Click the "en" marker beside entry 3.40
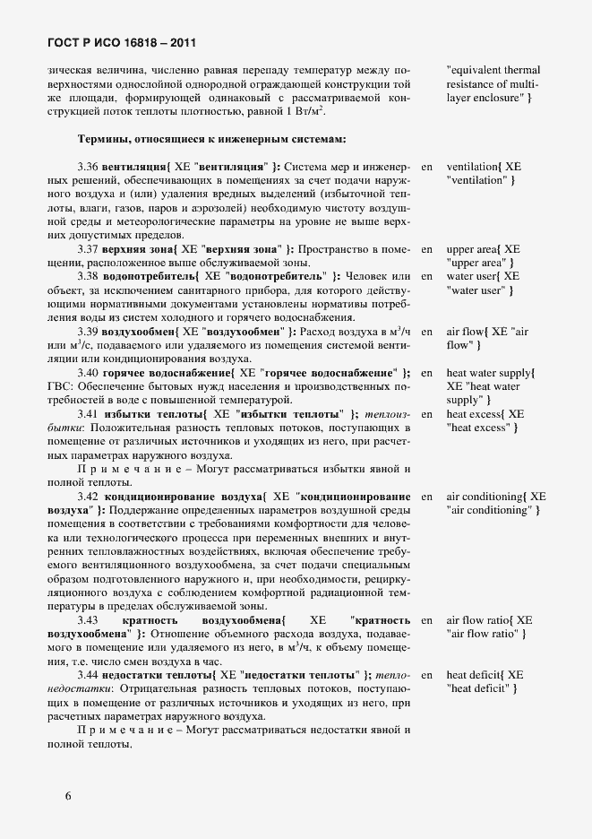426,373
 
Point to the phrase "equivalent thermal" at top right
493,70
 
